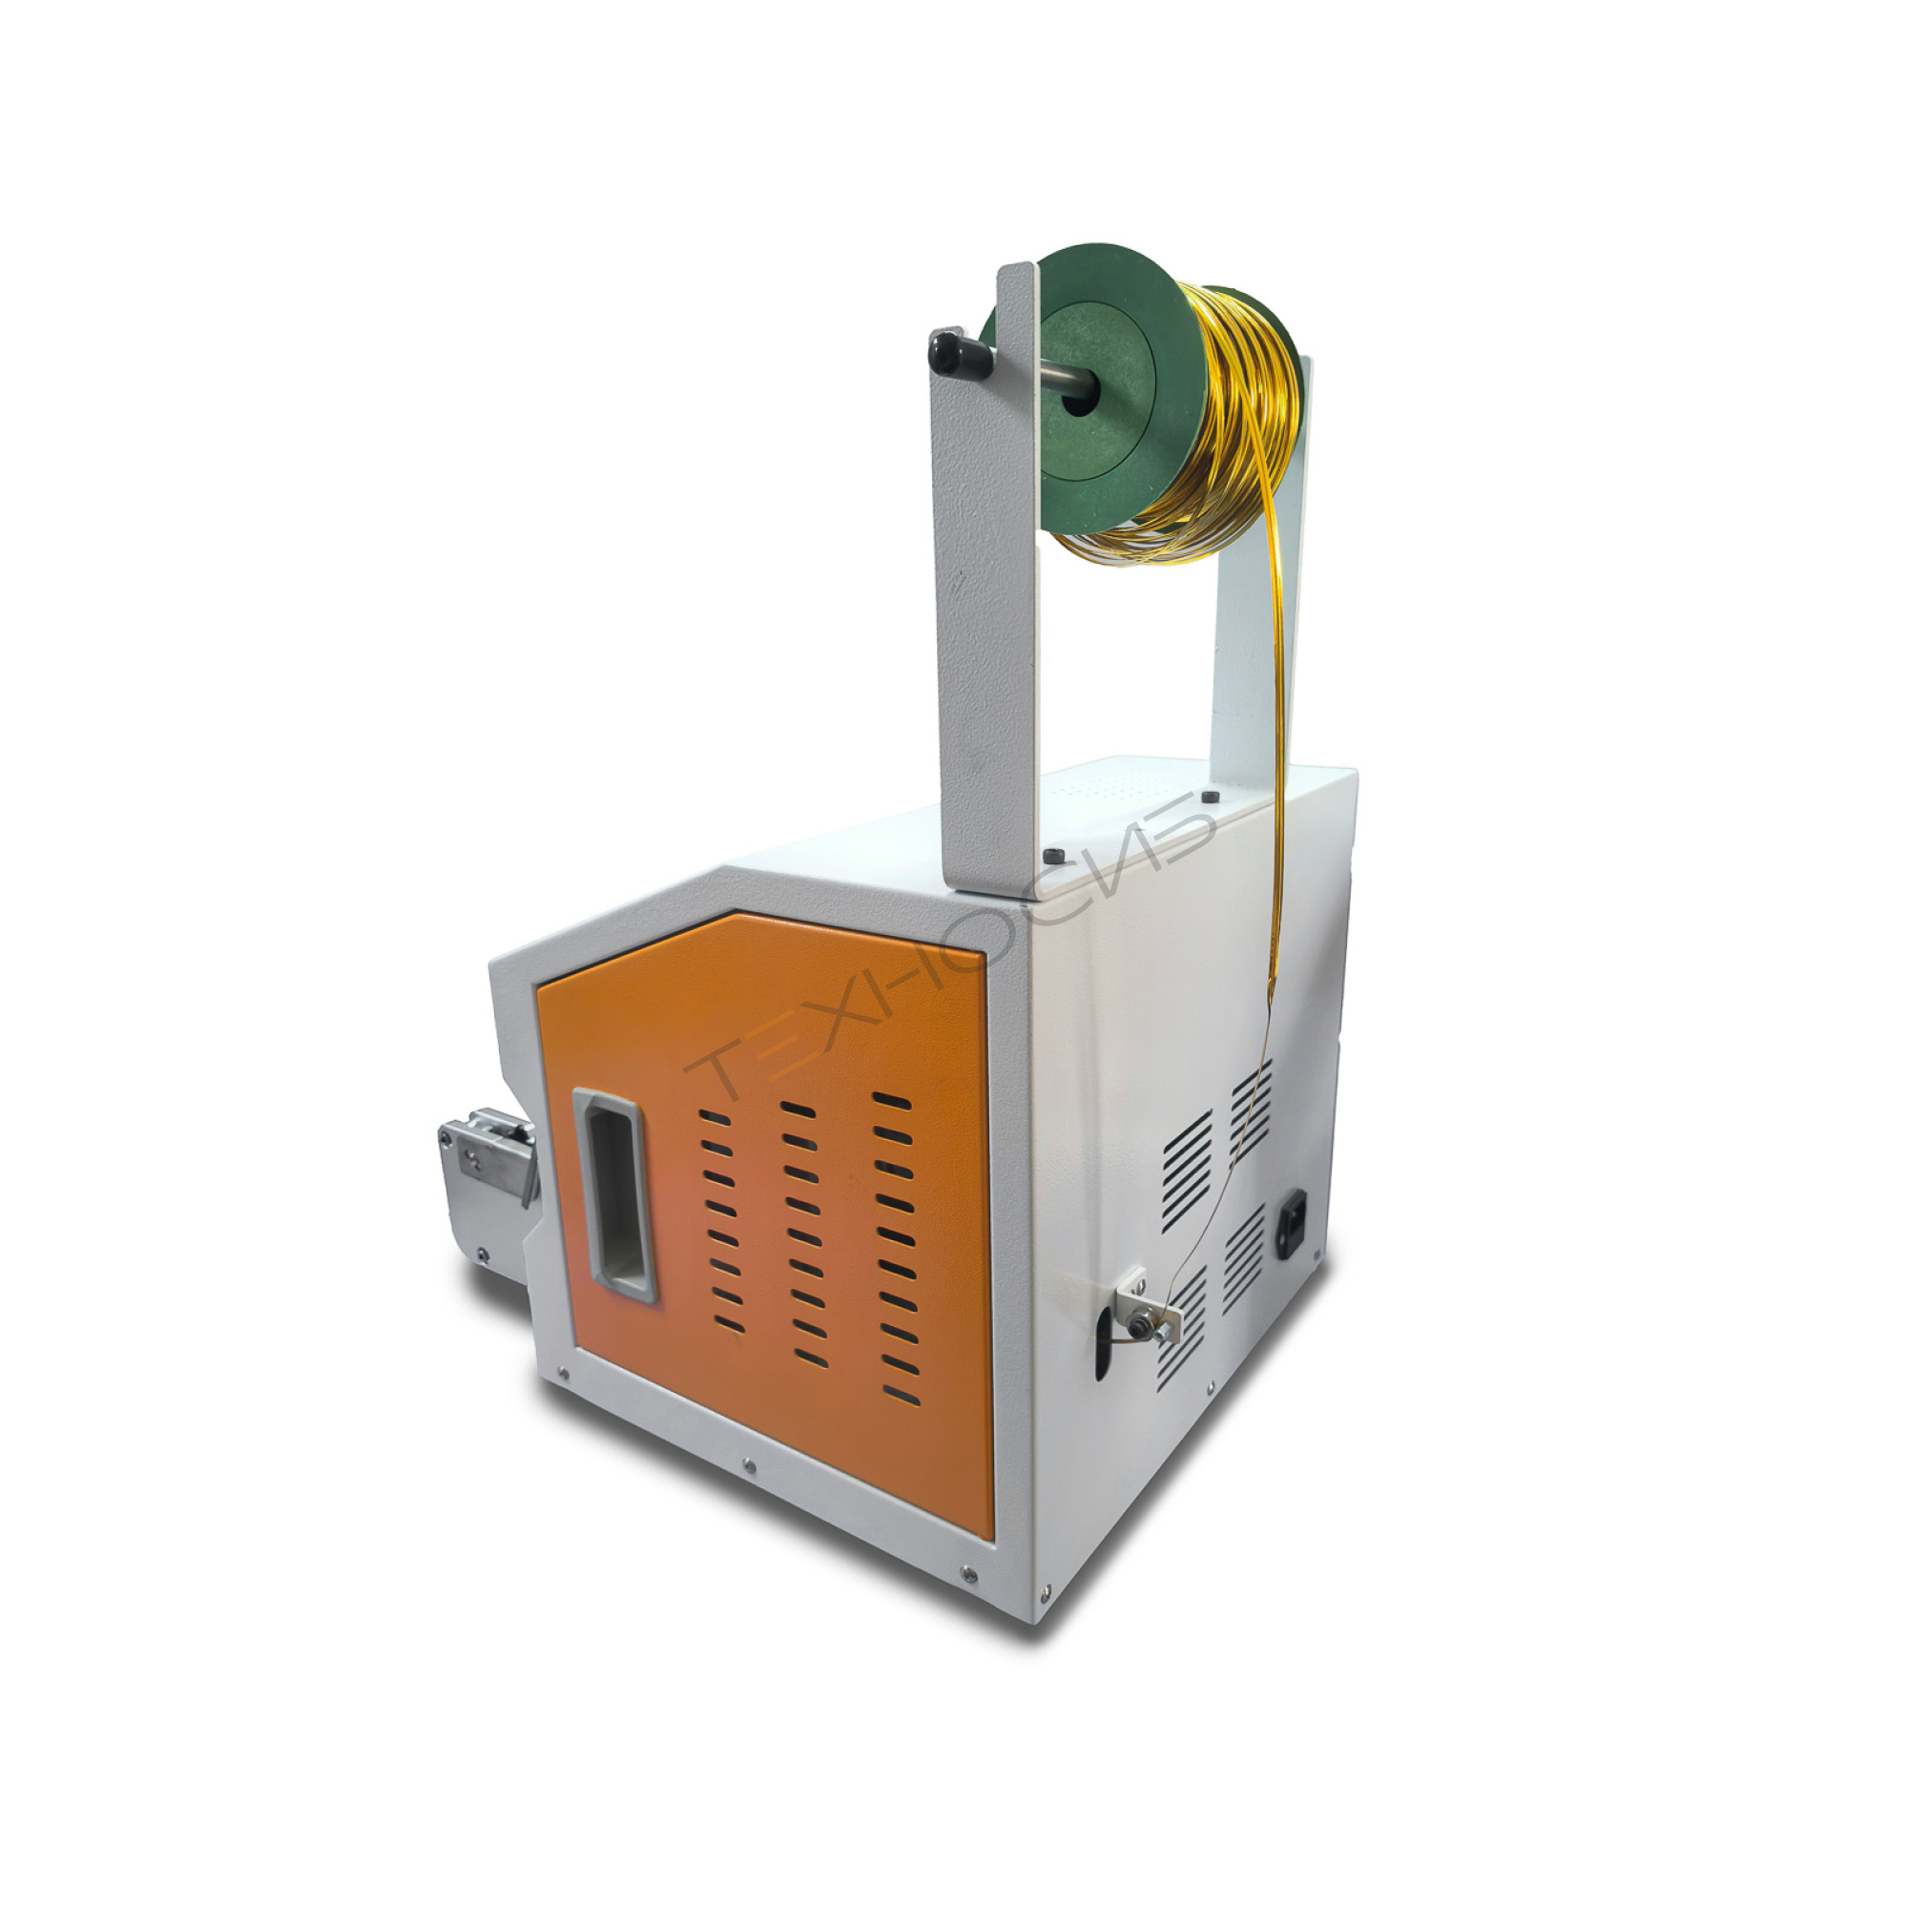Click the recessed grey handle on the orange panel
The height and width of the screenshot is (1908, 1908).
613,1195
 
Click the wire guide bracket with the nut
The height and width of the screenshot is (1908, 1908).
1149,1308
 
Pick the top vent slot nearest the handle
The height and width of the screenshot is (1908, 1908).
714,1117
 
